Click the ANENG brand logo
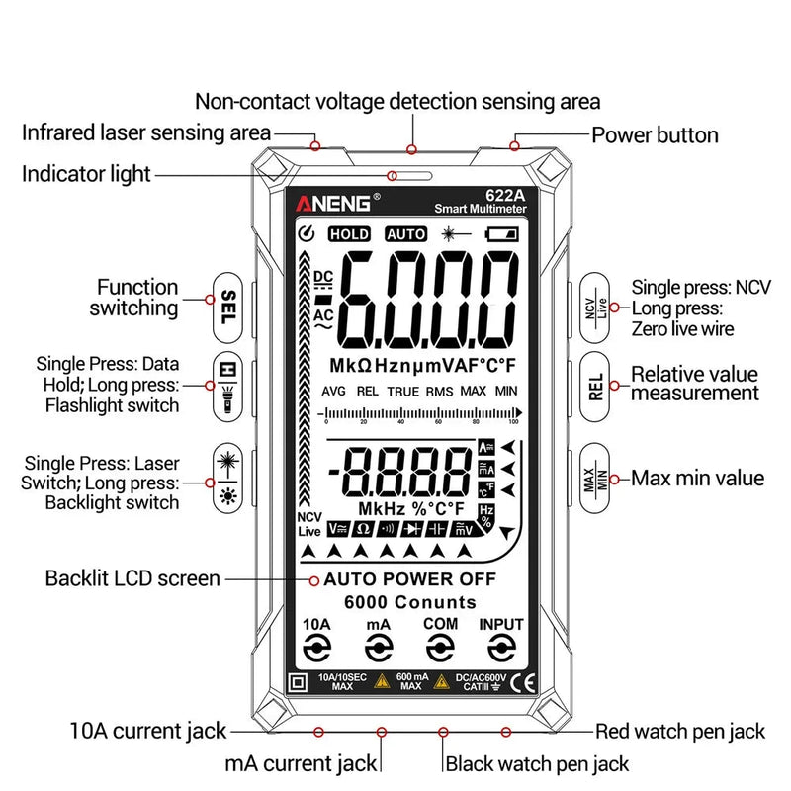333,203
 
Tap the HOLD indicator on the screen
349,234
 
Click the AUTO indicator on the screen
405,234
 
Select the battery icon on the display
501,234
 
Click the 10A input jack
316,648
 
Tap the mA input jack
378,648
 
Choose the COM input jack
440,648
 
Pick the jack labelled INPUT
501,648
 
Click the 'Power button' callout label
655,134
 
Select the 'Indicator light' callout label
87,174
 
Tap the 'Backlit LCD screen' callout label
132,577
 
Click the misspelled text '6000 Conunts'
409,602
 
